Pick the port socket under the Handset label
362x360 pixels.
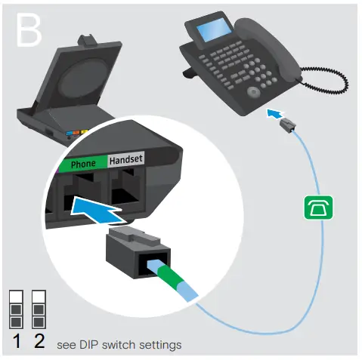[128, 189]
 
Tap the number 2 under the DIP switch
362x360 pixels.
[39, 340]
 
